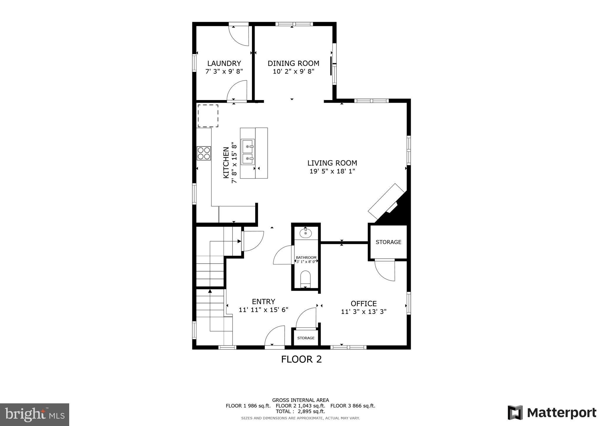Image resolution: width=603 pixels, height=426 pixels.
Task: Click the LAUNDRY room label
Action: click(224, 63)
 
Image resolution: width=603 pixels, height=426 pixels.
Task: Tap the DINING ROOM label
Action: click(293, 63)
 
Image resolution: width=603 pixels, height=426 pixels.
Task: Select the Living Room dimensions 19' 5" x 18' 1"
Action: click(332, 171)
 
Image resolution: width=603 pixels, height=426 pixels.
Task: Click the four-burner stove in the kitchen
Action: click(204, 153)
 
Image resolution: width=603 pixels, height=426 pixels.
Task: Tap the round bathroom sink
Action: click(305, 234)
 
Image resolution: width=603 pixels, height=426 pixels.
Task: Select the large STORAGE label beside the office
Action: click(388, 242)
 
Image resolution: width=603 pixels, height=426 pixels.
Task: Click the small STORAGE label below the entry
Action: click(306, 338)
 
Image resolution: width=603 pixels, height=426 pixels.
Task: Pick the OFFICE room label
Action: click(364, 304)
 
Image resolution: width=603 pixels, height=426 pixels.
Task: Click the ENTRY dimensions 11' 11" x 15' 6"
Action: click(263, 310)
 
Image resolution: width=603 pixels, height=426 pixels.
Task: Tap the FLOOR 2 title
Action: click(301, 359)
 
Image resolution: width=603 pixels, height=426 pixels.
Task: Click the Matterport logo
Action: click(552, 413)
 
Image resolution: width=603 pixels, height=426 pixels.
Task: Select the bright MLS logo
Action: click(34, 415)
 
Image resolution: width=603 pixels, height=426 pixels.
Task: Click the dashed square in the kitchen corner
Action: click(208, 116)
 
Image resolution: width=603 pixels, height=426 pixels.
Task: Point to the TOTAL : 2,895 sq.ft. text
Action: click(300, 411)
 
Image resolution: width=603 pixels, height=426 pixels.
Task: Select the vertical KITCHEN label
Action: click(226, 162)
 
